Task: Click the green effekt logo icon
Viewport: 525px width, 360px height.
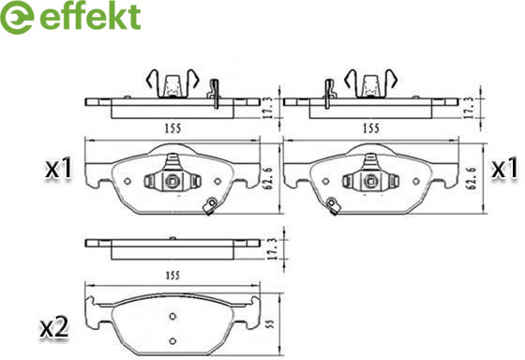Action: [x=17, y=17]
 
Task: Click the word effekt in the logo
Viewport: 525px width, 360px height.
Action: [x=90, y=16]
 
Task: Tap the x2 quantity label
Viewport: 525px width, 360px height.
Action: [x=54, y=327]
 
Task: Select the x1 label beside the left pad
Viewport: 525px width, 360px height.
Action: [x=59, y=169]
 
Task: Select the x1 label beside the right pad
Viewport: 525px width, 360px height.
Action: [x=504, y=169]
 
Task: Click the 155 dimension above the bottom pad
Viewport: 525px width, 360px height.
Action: [x=172, y=276]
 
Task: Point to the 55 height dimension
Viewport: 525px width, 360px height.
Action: [x=271, y=323]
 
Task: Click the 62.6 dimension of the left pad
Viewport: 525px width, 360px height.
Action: [x=268, y=178]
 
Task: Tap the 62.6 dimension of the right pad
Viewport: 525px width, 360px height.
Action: [x=472, y=178]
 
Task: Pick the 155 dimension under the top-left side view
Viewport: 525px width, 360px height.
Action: [x=172, y=127]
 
